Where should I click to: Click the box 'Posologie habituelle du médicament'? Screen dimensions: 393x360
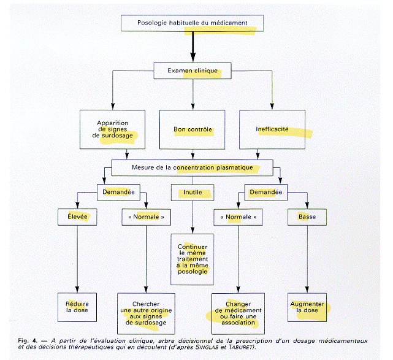click(193, 23)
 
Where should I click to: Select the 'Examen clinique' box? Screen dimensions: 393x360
click(193, 71)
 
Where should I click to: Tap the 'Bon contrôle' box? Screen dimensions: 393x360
click(193, 129)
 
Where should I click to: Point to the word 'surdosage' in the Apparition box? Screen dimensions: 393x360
click(117, 136)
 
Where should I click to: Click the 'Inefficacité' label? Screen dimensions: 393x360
click(272, 129)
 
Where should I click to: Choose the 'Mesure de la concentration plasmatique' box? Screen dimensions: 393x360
click(193, 167)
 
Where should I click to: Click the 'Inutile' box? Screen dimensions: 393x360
click(193, 193)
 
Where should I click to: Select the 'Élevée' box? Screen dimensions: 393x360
click(77, 217)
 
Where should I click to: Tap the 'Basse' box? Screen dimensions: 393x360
click(307, 217)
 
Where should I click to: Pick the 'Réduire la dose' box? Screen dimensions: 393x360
click(77, 307)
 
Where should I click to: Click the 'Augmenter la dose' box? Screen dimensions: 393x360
click(307, 307)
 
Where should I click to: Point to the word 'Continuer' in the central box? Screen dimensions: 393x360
click(193, 247)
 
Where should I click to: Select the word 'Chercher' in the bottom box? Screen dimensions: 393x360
click(146, 304)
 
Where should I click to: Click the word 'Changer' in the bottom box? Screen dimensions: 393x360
click(238, 304)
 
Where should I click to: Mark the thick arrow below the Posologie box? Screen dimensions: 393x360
click(193, 47)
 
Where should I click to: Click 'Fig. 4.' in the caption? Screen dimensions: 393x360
click(28, 341)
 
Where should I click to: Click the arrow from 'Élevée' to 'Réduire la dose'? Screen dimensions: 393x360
click(77, 259)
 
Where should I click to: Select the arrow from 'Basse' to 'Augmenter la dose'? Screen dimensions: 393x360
click(307, 259)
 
